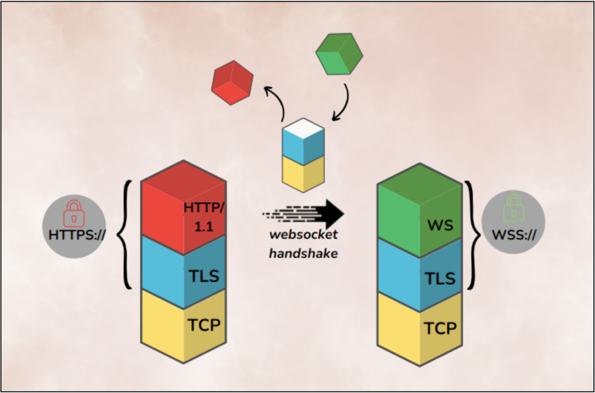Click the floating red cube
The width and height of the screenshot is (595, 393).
click(x=233, y=82)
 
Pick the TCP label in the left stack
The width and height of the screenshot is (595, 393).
click(x=204, y=324)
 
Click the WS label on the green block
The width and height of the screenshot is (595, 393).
click(x=440, y=224)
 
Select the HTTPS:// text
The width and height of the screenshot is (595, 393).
click(x=74, y=235)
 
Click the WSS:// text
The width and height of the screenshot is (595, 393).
click(x=513, y=235)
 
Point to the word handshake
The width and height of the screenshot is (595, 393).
click(x=302, y=254)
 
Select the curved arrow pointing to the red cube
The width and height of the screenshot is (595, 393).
click(x=278, y=103)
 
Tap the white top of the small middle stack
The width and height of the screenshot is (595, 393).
click(x=302, y=127)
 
